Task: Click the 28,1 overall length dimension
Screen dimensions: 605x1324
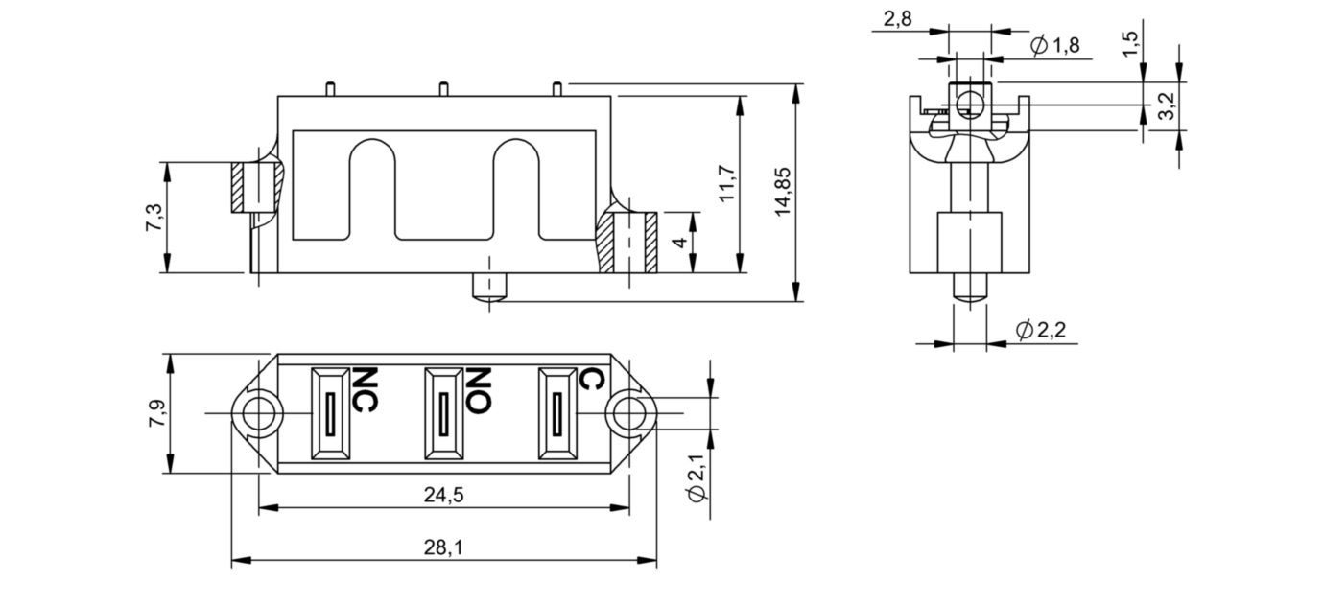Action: pyautogui.click(x=443, y=547)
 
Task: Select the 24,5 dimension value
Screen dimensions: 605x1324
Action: pyautogui.click(x=443, y=495)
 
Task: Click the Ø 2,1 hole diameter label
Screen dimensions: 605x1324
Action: pyautogui.click(x=698, y=479)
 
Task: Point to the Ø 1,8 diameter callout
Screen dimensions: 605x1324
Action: pyautogui.click(x=1054, y=45)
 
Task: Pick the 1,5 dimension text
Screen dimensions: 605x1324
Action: pyautogui.click(x=1131, y=43)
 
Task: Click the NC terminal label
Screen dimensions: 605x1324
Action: pyautogui.click(x=364, y=389)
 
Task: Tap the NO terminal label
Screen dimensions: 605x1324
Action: pyautogui.click(x=479, y=389)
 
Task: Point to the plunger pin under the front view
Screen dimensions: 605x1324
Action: pyautogui.click(x=489, y=289)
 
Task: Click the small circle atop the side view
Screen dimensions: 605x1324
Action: pyautogui.click(x=969, y=105)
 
